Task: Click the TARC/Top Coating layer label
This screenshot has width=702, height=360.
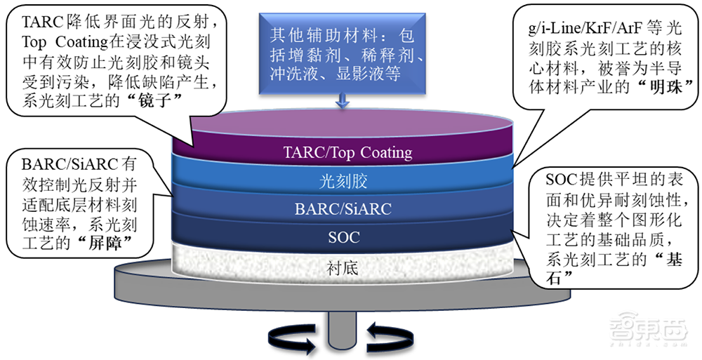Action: (x=347, y=152)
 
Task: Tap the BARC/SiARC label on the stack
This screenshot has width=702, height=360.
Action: (x=344, y=208)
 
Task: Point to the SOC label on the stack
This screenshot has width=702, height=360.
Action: (x=344, y=236)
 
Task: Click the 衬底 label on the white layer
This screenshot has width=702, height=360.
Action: (x=344, y=266)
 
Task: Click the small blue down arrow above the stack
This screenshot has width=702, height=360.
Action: (x=343, y=101)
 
